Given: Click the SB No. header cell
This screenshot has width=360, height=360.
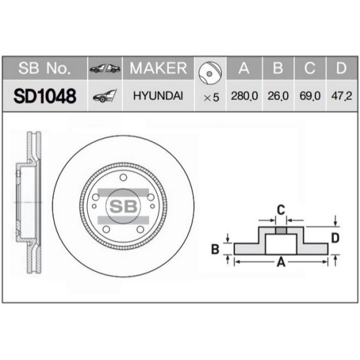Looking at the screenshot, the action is (45, 68).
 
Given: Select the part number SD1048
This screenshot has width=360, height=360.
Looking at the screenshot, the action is (45, 96).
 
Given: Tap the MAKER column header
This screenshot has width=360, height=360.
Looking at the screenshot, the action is (158, 68).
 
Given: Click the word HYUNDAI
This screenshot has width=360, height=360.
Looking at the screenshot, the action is (158, 96).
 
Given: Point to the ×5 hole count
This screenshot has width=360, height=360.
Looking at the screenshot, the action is (211, 98).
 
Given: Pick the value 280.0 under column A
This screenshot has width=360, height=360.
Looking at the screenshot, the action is (244, 96).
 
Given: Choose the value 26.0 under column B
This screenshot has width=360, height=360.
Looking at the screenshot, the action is (278, 96).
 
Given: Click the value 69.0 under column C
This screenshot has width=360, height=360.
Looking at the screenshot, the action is (310, 96).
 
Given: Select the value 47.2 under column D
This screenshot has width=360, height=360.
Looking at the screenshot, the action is (342, 96).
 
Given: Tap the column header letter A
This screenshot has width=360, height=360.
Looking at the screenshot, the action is (244, 68).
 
